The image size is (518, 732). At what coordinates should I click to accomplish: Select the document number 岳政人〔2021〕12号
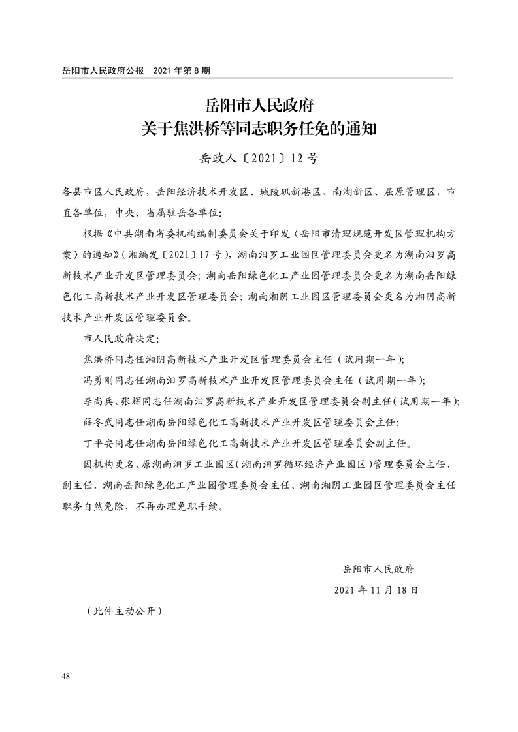(x=259, y=158)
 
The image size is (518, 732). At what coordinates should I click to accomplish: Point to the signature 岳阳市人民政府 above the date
(x=378, y=568)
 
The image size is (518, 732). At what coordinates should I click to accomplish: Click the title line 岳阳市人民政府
(x=259, y=104)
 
